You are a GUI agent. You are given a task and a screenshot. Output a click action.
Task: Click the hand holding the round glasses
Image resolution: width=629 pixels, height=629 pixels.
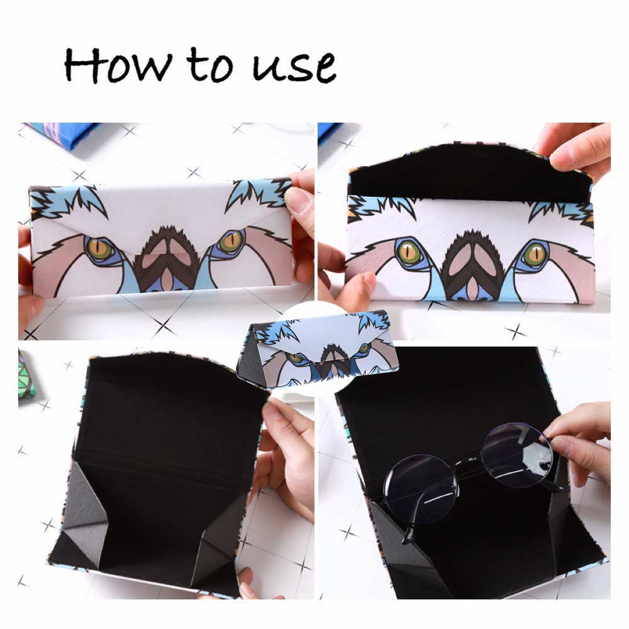pos(582,440)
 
